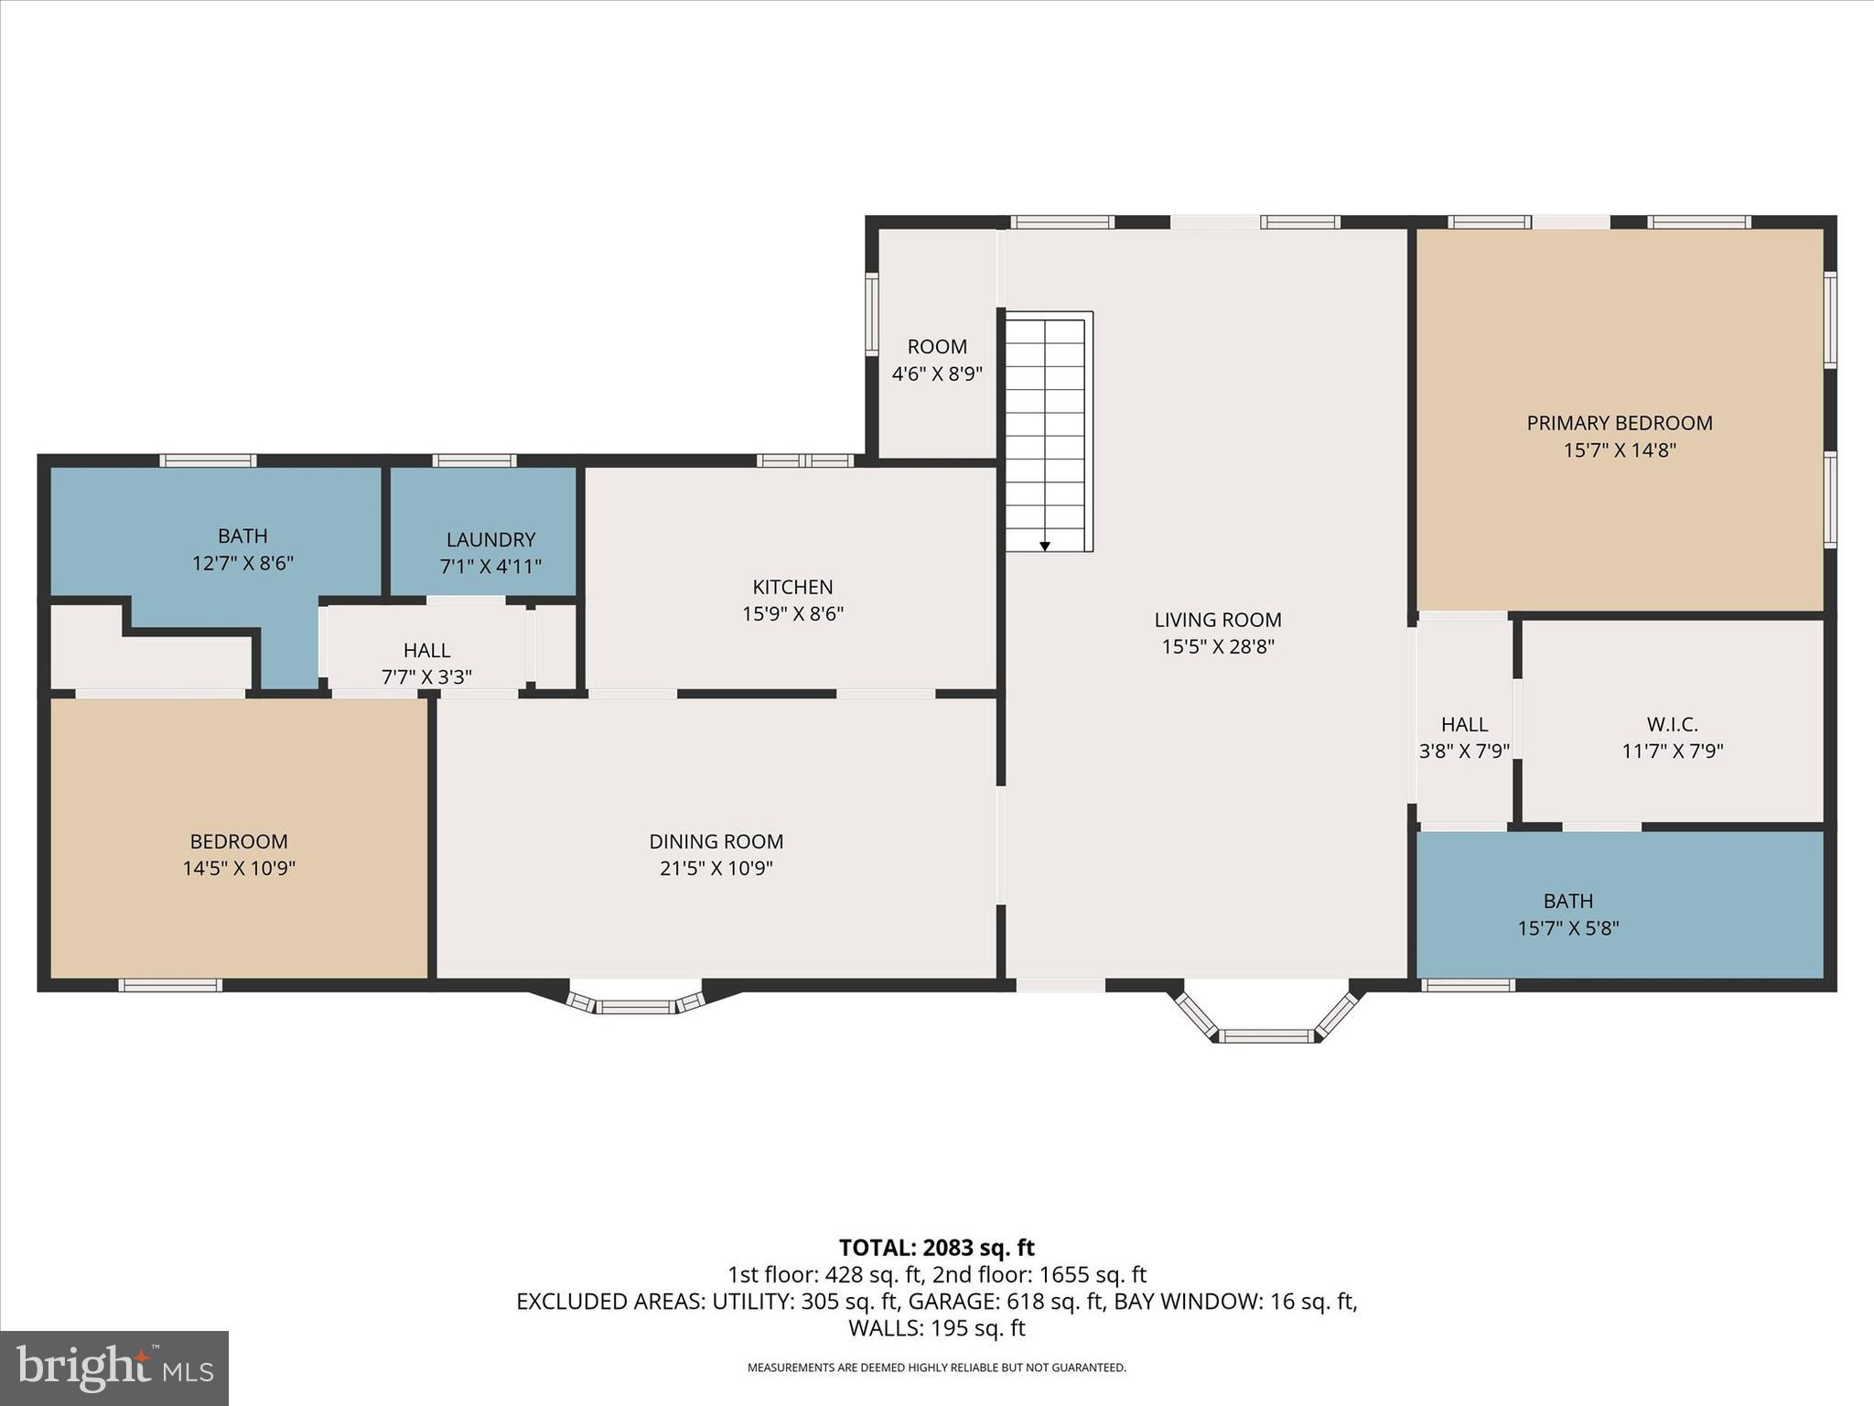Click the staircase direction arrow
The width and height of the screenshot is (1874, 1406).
pos(1044,546)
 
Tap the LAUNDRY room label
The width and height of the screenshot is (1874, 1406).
pos(490,540)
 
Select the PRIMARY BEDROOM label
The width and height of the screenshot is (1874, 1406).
pos(1619,423)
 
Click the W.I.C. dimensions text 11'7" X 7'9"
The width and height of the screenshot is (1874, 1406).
pos(1672,752)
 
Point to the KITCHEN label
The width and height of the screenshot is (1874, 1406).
pos(792,587)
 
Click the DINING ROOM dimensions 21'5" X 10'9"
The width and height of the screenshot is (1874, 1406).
pos(716,868)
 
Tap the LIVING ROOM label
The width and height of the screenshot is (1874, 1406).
pos(1217,620)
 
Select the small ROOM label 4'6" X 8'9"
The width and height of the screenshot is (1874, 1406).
pos(937,360)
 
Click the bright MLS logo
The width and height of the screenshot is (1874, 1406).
pos(114,1368)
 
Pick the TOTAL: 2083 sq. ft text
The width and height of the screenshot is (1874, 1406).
pos(936,1248)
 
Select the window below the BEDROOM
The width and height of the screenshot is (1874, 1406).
pos(170,985)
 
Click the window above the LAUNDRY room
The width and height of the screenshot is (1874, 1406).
pos(474,460)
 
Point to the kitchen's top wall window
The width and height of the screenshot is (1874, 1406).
pos(805,460)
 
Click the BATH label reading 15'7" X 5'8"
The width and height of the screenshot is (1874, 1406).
pos(1567,914)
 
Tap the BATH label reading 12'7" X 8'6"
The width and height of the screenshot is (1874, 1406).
pos(242,549)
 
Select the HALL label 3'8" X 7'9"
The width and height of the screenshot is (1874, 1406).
pos(1463,738)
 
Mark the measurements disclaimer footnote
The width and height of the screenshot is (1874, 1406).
pos(936,1368)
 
